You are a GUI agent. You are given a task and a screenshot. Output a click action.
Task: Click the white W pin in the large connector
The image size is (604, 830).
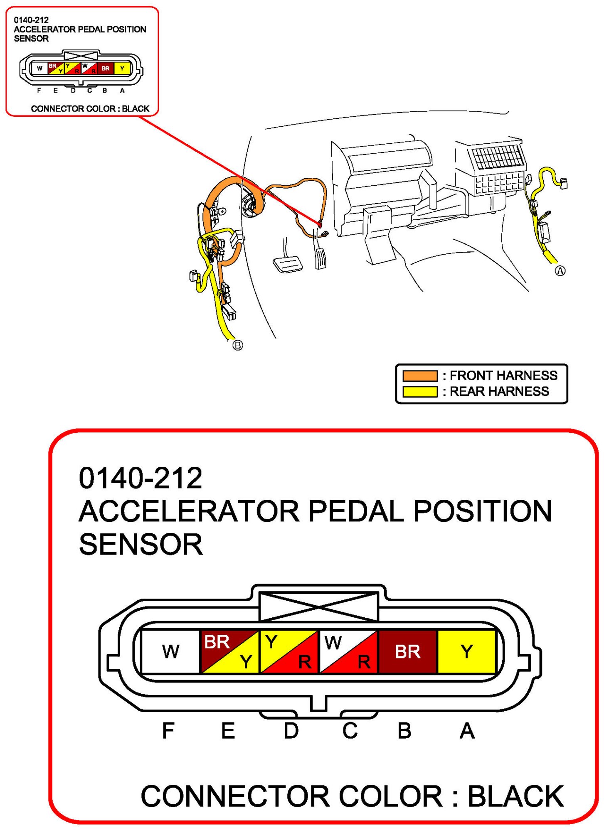[170, 651]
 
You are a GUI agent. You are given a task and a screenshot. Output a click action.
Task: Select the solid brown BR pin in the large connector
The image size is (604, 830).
[407, 651]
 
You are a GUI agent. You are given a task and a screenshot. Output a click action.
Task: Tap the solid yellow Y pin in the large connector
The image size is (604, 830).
[466, 651]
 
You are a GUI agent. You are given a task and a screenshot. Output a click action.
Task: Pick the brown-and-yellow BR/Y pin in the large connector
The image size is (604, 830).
[229, 651]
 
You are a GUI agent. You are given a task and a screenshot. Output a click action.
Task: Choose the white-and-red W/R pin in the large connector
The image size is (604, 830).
[348, 651]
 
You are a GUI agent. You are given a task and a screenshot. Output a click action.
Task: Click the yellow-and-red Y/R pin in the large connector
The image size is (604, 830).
[289, 651]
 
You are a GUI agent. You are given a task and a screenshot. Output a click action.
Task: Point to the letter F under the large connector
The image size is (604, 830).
[168, 731]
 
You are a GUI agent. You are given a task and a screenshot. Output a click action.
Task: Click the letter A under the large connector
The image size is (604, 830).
[467, 731]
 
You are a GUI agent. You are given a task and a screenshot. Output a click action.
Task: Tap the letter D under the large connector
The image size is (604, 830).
[291, 731]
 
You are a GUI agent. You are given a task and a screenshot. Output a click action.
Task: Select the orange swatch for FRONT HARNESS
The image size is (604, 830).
[420, 376]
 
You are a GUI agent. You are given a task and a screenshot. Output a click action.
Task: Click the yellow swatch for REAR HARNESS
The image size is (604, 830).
[420, 391]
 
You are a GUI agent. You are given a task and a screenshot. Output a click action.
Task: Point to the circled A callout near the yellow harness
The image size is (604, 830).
[560, 271]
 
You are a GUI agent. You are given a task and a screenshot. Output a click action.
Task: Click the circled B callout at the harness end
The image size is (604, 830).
[237, 345]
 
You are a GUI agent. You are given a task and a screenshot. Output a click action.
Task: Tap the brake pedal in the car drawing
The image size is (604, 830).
[287, 264]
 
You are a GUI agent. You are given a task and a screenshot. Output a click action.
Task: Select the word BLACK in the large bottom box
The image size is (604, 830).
[515, 796]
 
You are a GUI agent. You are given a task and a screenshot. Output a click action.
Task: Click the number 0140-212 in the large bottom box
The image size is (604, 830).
[141, 478]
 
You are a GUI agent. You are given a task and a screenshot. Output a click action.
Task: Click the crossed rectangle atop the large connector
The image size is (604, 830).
[318, 607]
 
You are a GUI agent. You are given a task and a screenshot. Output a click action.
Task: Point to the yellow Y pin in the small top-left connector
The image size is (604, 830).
[122, 68]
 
